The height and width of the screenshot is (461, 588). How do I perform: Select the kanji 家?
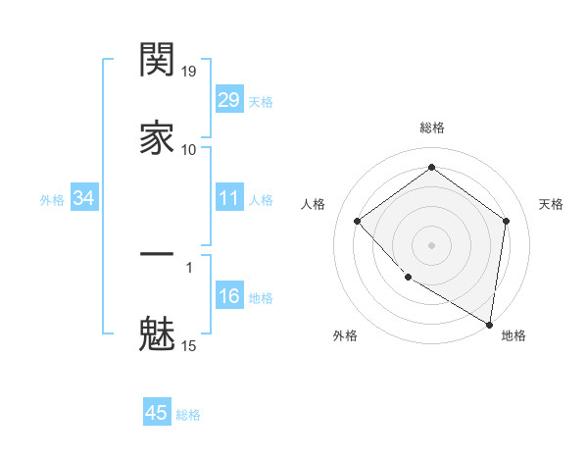[x=157, y=138]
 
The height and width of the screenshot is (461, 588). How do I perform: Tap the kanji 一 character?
[x=157, y=255]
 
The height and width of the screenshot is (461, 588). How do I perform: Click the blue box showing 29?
[x=228, y=100]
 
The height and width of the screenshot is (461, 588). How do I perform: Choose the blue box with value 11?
[x=228, y=199]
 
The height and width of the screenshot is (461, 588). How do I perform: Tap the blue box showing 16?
[x=228, y=297]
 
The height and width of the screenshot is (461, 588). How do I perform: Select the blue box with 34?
[x=83, y=199]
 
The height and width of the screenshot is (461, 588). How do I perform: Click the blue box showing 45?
[x=157, y=413]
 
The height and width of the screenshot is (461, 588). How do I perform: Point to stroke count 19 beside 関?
[x=189, y=71]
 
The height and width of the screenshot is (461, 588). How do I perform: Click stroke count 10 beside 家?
[x=189, y=149]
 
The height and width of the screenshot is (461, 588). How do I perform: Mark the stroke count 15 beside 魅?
[x=189, y=345]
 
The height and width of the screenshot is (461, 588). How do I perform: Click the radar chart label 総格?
[x=432, y=128]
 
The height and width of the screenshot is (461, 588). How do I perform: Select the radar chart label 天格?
[x=552, y=204]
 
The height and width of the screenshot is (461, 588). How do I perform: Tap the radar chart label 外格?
[x=345, y=335]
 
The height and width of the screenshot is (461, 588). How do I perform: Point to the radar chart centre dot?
[x=432, y=244]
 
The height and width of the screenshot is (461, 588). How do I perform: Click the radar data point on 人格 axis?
[x=358, y=221]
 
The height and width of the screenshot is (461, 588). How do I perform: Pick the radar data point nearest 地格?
[x=490, y=324]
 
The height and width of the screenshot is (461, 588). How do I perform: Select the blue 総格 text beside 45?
[x=188, y=415]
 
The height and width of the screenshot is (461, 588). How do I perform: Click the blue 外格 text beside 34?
[x=52, y=200]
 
